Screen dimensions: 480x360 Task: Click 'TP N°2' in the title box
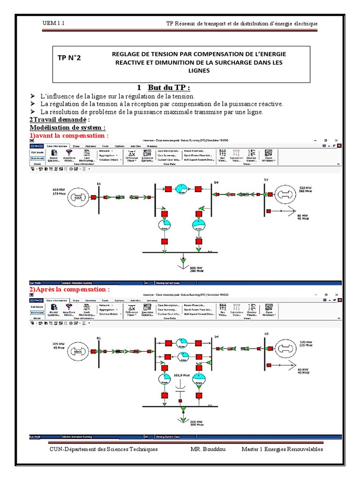(x=69, y=58)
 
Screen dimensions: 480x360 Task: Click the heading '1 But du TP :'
(x=164, y=88)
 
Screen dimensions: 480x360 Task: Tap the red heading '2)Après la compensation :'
(x=69, y=289)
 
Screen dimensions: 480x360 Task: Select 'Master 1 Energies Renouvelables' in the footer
(x=282, y=449)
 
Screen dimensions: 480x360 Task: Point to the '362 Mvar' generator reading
(x=305, y=191)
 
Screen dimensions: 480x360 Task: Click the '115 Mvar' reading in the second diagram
(x=305, y=346)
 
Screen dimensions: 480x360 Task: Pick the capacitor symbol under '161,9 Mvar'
(x=180, y=387)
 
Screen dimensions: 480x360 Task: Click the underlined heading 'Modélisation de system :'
(x=68, y=127)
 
